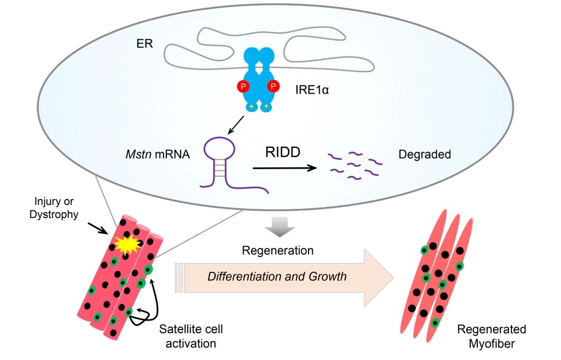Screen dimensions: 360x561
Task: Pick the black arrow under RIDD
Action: tap(284, 168)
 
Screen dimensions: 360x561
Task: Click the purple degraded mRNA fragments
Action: tap(356, 165)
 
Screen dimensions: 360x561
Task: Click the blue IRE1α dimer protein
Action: tap(259, 77)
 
